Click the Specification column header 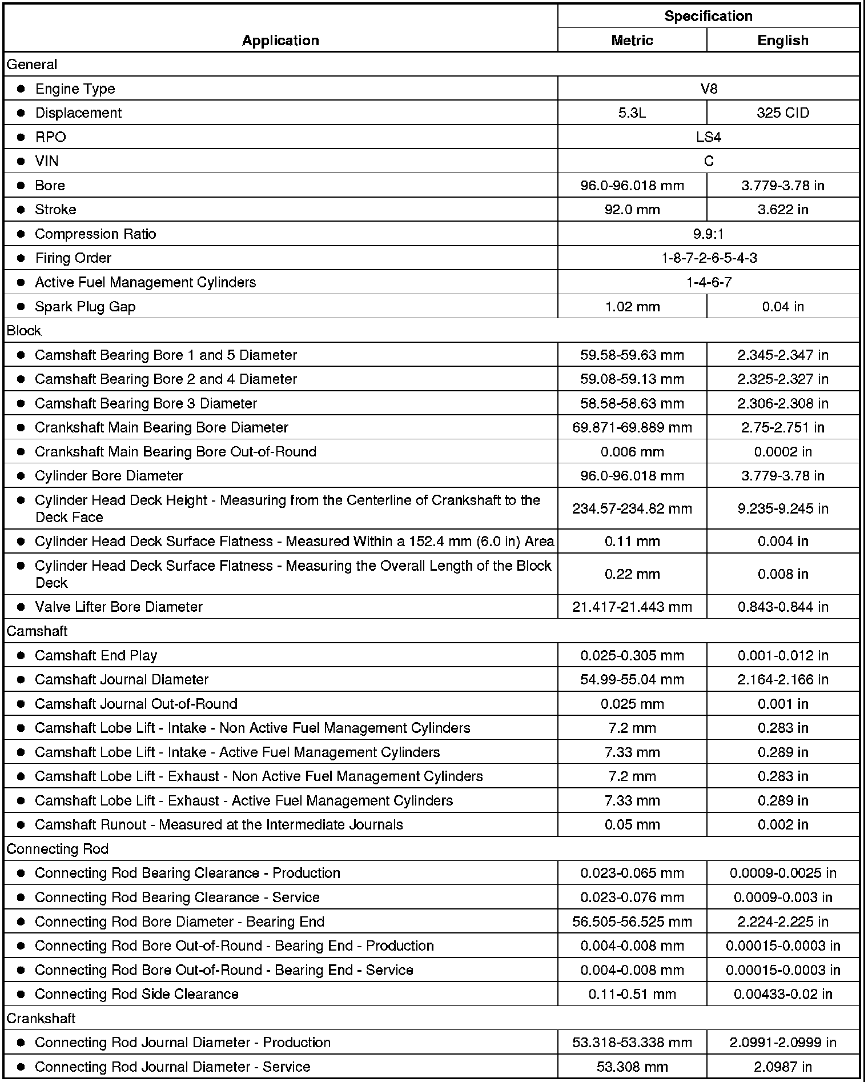(708, 16)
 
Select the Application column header (280, 40)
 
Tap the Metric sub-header (632, 40)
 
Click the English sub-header (782, 40)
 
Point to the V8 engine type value (708, 89)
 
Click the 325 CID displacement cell (782, 113)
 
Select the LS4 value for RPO (708, 137)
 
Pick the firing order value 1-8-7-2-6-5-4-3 (708, 258)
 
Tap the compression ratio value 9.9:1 (708, 234)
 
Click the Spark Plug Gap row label (85, 307)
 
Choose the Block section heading (24, 331)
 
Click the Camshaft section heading (37, 631)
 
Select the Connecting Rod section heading (57, 849)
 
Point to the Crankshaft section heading (41, 1018)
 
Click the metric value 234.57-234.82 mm (632, 508)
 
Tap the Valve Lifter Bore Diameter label (119, 607)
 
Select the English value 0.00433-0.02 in (782, 994)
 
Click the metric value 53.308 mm (632, 1067)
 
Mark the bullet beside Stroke (21, 210)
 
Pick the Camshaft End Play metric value (632, 655)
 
